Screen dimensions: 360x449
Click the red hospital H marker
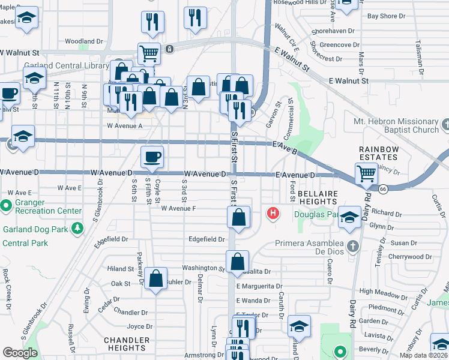tap(274, 213)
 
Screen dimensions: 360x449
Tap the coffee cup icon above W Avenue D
tap(151, 157)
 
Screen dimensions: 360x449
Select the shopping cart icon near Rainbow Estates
tap(366, 174)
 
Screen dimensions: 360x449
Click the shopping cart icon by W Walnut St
tap(149, 53)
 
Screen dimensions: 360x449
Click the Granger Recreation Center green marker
tap(7, 206)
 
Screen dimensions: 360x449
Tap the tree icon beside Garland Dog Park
tap(77, 228)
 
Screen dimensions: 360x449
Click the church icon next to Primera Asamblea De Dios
tap(353, 244)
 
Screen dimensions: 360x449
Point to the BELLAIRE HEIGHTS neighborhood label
tap(318, 197)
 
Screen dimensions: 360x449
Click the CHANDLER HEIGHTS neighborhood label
tap(126, 344)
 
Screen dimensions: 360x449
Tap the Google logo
tap(20, 353)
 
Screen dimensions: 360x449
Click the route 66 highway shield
tap(382, 188)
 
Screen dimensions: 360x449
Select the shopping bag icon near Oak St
tap(155, 279)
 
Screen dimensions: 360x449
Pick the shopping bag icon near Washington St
tap(238, 262)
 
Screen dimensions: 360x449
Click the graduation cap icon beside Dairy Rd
tap(349, 219)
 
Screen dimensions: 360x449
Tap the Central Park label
tap(25, 243)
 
